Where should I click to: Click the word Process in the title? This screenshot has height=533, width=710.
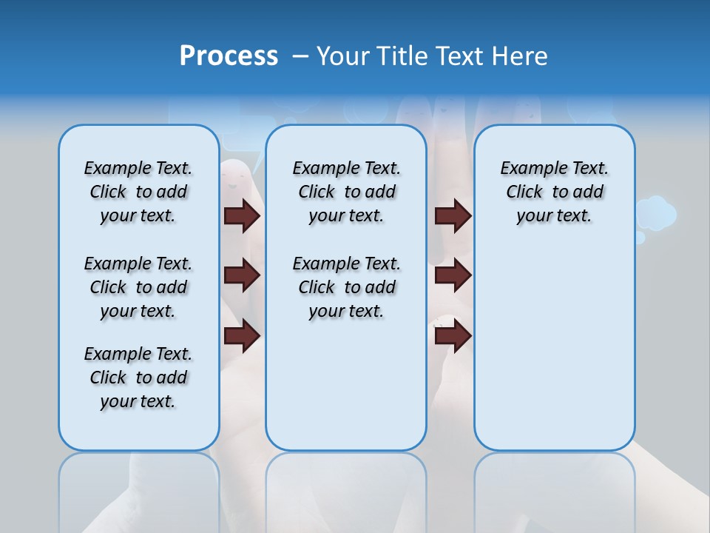tap(229, 56)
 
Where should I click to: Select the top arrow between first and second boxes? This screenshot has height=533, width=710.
tap(242, 215)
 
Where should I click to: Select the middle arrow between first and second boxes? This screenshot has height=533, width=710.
tap(242, 275)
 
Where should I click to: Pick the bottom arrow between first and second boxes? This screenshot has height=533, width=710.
tap(242, 336)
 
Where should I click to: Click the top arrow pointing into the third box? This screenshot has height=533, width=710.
tap(453, 215)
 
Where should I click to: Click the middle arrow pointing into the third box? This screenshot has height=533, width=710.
tap(453, 275)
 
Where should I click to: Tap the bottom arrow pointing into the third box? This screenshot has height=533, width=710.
tap(453, 336)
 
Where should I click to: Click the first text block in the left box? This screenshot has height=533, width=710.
tap(138, 192)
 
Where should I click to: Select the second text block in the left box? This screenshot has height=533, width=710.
tap(138, 287)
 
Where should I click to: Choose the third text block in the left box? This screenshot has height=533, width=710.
tap(138, 378)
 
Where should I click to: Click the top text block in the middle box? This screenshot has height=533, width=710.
tap(346, 192)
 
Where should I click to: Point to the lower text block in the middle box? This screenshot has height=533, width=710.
tap(346, 287)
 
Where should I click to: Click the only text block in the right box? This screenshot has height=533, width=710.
tap(554, 192)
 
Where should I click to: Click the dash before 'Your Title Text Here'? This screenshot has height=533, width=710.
tap(300, 56)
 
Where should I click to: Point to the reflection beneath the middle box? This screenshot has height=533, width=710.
tap(346, 489)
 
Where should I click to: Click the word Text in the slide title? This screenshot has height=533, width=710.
tap(459, 56)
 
